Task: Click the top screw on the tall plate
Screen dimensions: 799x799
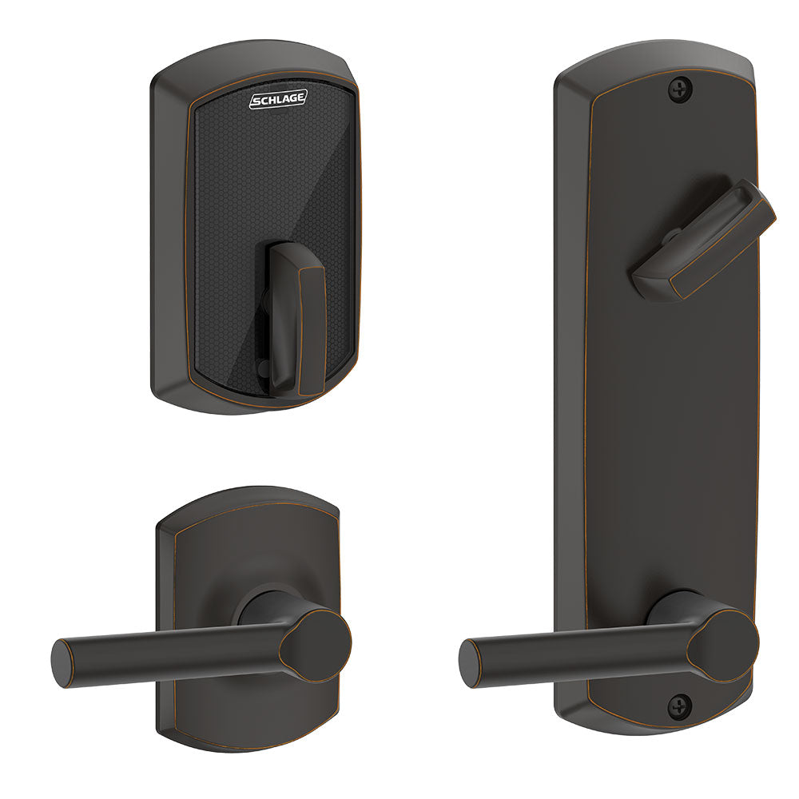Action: tap(680, 88)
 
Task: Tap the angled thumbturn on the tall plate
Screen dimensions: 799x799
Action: tap(703, 240)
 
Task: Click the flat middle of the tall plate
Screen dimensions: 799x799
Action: tap(663, 439)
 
